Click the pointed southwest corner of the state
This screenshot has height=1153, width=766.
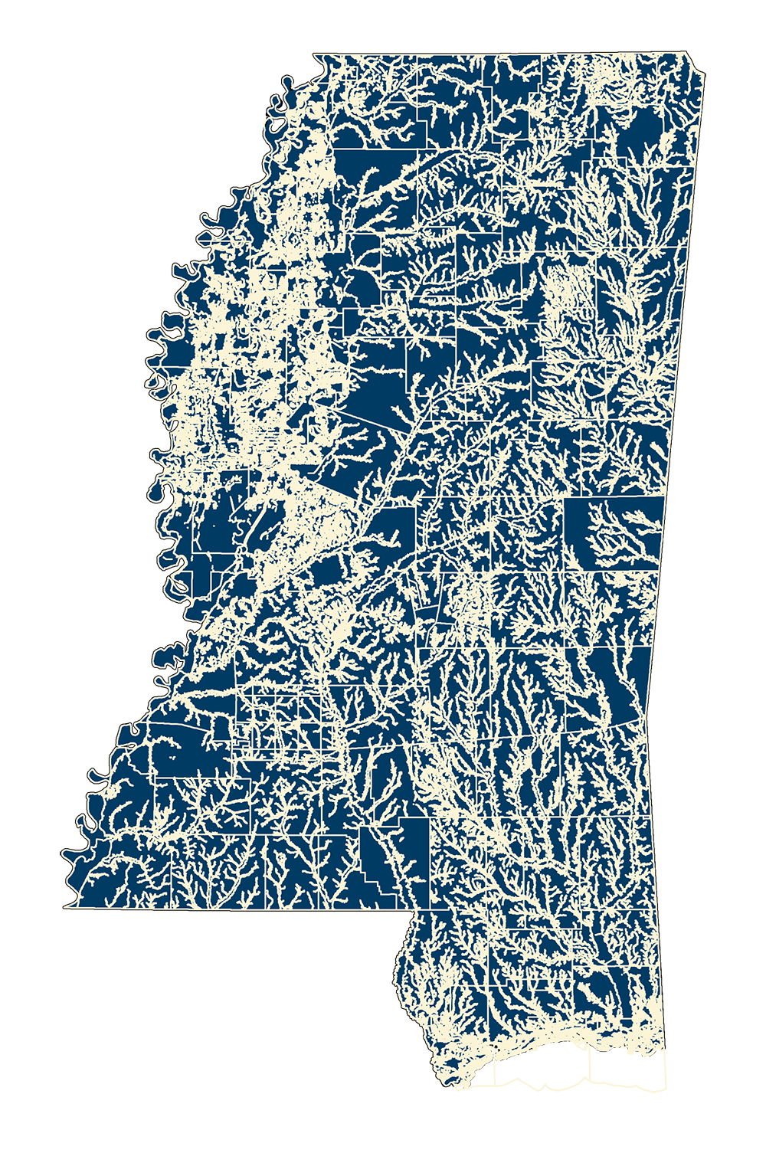pyautogui.click(x=66, y=907)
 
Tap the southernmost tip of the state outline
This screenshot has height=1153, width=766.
pyautogui.click(x=452, y=1086)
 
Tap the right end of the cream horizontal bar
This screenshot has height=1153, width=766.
pyautogui.click(x=264, y=120)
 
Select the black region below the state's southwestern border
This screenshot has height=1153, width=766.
pyautogui.click(x=230, y=996)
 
